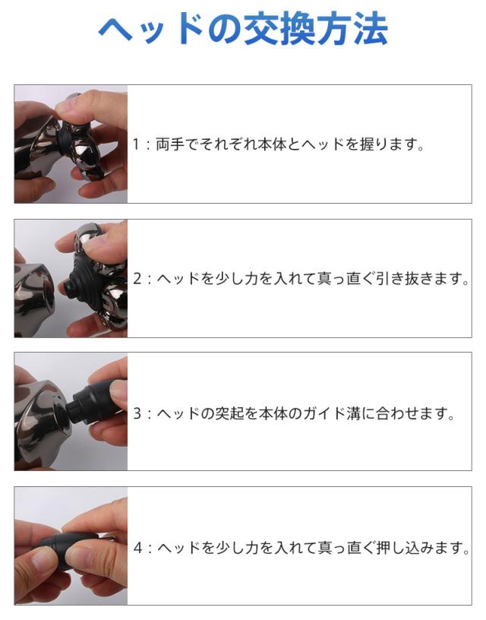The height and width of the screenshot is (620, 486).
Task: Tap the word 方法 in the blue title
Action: (353, 30)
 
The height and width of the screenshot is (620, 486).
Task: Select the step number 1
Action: (135, 144)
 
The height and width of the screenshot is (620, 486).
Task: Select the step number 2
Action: (137, 279)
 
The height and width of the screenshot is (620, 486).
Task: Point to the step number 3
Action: (137, 413)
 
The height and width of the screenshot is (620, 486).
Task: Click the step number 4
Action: (137, 548)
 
